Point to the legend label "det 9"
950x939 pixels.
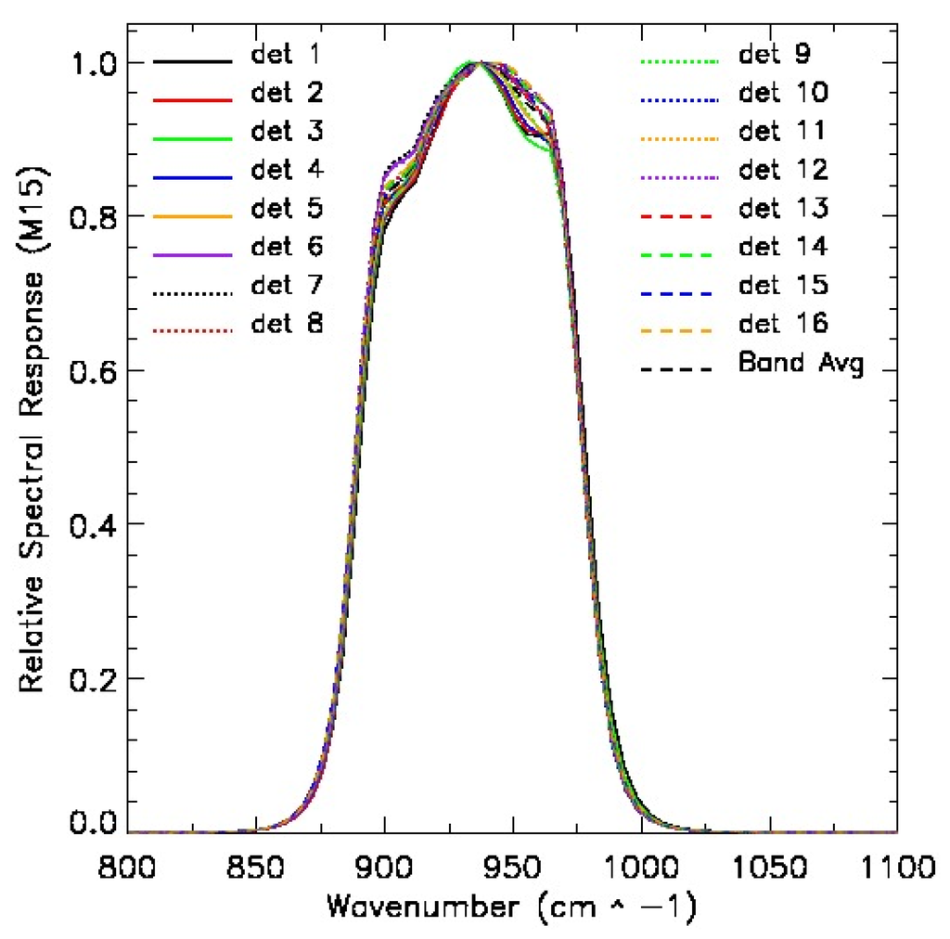pos(776,54)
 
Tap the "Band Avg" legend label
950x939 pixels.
pos(801,363)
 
